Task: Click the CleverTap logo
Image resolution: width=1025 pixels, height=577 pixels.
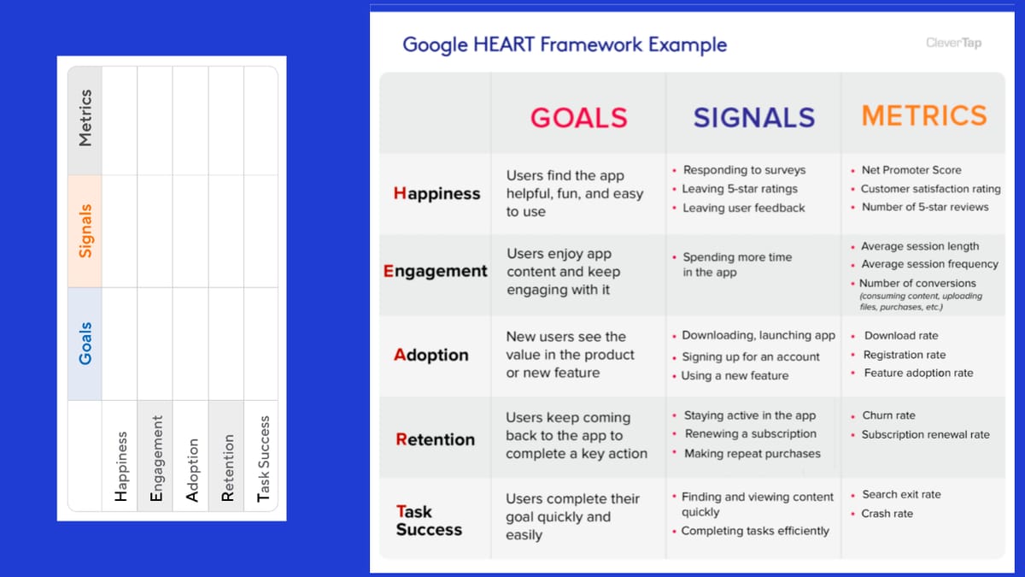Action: [x=953, y=43]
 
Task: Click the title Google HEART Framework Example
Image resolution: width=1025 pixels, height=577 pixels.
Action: [x=565, y=44]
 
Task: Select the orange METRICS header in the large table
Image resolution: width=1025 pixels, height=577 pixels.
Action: [x=924, y=115]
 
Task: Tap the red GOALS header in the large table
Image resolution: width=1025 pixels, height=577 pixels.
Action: [x=578, y=117]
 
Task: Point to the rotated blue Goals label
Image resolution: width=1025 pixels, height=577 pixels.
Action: [x=85, y=344]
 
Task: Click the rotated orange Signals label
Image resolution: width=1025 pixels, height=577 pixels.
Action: [x=85, y=231]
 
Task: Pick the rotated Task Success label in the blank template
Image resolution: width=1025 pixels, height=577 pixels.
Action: [x=263, y=458]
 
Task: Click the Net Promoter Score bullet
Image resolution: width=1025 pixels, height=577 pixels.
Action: [x=911, y=170]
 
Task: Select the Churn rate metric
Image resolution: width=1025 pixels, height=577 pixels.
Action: [x=888, y=415]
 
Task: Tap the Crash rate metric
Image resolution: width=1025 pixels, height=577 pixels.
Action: [x=887, y=514]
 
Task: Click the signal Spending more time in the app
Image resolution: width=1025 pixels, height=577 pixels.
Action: [x=736, y=264]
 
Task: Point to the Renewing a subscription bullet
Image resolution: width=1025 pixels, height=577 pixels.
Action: [x=750, y=434]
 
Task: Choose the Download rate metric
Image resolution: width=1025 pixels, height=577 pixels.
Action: [x=900, y=336]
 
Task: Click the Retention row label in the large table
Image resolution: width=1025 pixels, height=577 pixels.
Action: [x=435, y=439]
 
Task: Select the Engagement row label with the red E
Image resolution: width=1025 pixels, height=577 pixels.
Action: [x=436, y=271]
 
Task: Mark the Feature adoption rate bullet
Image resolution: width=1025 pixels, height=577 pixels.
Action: [x=917, y=373]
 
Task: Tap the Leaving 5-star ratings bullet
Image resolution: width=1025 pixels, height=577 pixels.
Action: [x=739, y=189]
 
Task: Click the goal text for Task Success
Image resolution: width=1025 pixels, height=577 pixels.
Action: [x=571, y=516]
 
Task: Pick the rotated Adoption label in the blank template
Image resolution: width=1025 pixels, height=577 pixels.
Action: [x=192, y=469]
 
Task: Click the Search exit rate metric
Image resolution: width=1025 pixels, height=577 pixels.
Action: [x=900, y=495]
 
